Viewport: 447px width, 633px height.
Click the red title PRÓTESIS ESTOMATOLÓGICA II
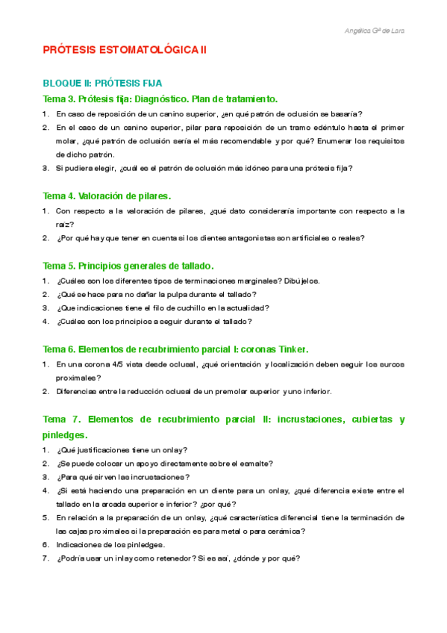pos(125,51)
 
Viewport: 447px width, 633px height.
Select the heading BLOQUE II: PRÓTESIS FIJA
pos(103,84)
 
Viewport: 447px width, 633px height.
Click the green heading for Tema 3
pos(160,99)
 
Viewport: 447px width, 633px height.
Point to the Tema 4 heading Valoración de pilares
pos(107,196)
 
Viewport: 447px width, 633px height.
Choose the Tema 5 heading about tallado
pos(128,265)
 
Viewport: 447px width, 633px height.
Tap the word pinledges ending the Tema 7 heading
pos(65,434)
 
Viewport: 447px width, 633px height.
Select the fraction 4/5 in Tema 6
pos(121,364)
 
